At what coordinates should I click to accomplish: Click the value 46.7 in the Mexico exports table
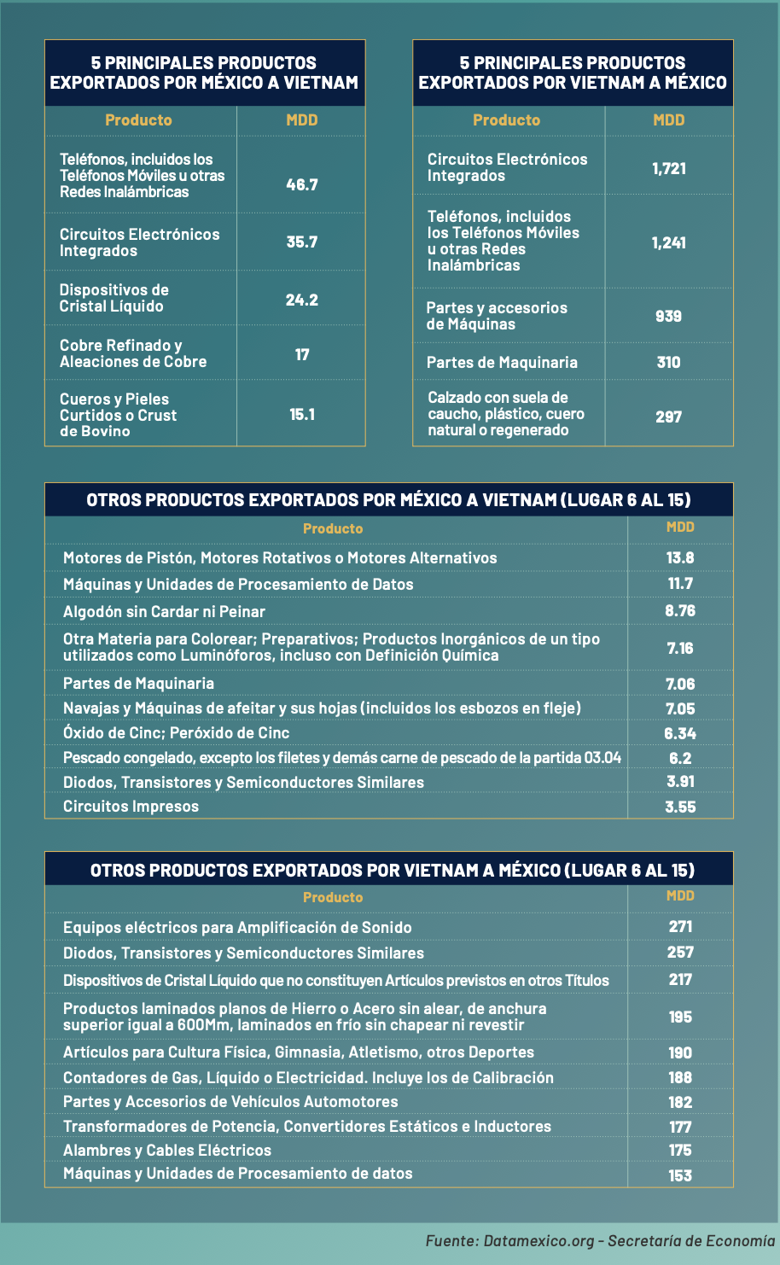pyautogui.click(x=301, y=184)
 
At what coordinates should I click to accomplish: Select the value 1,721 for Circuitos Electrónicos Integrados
pyautogui.click(x=669, y=168)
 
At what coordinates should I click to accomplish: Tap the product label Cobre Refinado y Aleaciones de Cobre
pyautogui.click(x=133, y=353)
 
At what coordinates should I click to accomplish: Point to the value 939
pyautogui.click(x=669, y=316)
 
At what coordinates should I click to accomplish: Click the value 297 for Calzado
pyautogui.click(x=669, y=417)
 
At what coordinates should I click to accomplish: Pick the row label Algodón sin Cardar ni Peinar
pyautogui.click(x=164, y=612)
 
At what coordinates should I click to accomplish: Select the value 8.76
pyautogui.click(x=680, y=610)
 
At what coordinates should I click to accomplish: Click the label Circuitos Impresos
pyautogui.click(x=131, y=807)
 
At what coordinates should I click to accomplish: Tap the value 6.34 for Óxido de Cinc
pyautogui.click(x=680, y=733)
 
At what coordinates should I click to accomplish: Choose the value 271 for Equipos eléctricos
pyautogui.click(x=680, y=926)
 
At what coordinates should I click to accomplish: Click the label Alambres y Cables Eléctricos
pyautogui.click(x=167, y=1151)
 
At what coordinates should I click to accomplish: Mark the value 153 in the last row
pyautogui.click(x=680, y=1175)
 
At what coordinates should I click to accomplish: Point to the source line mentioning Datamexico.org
pyautogui.click(x=601, y=1241)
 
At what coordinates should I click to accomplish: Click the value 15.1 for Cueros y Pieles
pyautogui.click(x=301, y=415)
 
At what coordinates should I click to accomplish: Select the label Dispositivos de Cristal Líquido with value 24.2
pyautogui.click(x=114, y=298)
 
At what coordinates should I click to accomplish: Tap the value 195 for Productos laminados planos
pyautogui.click(x=680, y=1017)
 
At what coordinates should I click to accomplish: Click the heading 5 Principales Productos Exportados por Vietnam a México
pyautogui.click(x=573, y=73)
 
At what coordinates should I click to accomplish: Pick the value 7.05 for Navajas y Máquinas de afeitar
pyautogui.click(x=680, y=708)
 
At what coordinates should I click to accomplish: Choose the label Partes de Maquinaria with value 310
pyautogui.click(x=502, y=363)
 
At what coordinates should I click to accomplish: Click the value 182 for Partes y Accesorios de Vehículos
pyautogui.click(x=680, y=1102)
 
